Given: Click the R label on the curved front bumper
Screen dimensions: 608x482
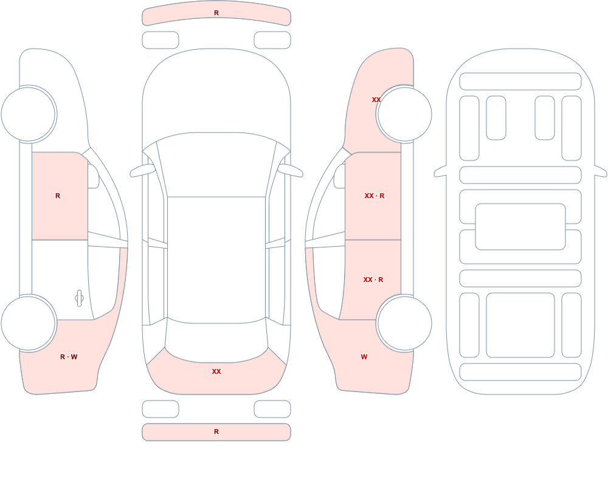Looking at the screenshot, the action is pos(216,13).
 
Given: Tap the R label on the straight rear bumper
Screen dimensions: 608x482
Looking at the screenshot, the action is pos(216,432).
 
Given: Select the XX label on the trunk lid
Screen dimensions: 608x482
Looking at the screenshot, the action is pos(216,371).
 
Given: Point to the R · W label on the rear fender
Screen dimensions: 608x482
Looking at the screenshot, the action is pos(69,357).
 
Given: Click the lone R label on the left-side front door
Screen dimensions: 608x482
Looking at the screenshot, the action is pos(58,196).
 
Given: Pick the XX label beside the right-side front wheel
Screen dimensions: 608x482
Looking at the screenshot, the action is pos(376,100).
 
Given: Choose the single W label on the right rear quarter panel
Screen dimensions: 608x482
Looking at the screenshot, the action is pos(364,357).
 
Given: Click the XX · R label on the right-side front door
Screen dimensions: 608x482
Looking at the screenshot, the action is pos(375,196).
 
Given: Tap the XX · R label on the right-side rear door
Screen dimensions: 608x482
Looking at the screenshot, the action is pos(373,280).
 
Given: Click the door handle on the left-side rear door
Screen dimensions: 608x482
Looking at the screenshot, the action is pos(79,298).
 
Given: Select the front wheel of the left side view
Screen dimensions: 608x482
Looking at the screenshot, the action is pos(29,114).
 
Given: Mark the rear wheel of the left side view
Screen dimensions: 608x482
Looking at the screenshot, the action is pos(29,323).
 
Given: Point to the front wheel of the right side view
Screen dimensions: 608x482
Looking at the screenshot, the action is pos(404,114).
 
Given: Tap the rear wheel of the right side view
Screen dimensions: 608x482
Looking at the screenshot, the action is pos(404,323).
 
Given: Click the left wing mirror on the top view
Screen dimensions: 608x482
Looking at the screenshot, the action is pos(142,170).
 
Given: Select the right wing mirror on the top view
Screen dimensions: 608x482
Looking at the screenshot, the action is pos(290,170).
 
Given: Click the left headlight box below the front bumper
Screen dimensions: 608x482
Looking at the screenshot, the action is pos(161,40).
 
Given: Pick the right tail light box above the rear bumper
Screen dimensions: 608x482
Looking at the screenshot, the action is pos(272,409).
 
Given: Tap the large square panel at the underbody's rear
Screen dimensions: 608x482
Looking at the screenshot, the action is pos(520,325).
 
